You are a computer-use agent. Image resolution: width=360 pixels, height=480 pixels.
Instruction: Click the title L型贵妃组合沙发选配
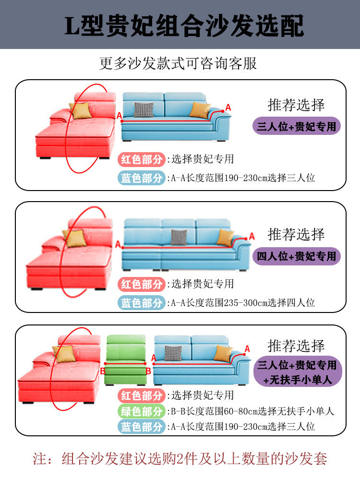pyautogui.click(x=184, y=25)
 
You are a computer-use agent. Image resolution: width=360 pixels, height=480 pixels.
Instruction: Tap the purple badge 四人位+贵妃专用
pyautogui.click(x=297, y=256)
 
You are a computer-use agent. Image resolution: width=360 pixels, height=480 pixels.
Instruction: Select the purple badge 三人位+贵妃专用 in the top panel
pyautogui.click(x=297, y=127)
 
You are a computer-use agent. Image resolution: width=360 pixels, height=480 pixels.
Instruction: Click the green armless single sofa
pyautogui.click(x=125, y=360)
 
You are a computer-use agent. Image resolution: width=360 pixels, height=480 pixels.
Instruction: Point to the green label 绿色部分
pyautogui.click(x=142, y=411)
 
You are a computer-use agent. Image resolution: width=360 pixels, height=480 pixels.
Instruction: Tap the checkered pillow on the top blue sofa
pyautogui.click(x=143, y=109)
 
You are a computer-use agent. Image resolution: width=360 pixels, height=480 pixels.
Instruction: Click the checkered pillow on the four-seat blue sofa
pyautogui.click(x=179, y=237)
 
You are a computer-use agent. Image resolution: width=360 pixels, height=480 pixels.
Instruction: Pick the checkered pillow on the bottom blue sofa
pyautogui.click(x=173, y=353)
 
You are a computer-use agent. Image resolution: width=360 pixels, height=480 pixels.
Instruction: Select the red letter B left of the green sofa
pyautogui.click(x=102, y=371)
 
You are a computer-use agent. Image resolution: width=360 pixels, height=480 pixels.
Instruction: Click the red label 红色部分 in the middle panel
pyautogui.click(x=142, y=284)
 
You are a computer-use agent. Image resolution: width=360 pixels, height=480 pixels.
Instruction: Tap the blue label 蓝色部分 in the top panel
pyautogui.click(x=142, y=178)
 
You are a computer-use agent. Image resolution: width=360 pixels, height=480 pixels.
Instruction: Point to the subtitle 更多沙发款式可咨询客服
pyautogui.click(x=178, y=63)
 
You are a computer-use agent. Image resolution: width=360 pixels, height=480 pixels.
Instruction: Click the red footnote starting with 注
pyautogui.click(x=180, y=458)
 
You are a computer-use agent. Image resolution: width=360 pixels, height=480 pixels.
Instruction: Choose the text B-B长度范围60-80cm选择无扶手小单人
pyautogui.click(x=252, y=411)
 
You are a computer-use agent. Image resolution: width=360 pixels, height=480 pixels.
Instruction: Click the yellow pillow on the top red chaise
pyautogui.click(x=81, y=110)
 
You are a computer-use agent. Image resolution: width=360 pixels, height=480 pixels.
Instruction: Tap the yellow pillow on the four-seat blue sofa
pyautogui.click(x=225, y=237)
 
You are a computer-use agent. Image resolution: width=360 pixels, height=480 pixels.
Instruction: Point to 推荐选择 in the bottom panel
pyautogui.click(x=296, y=346)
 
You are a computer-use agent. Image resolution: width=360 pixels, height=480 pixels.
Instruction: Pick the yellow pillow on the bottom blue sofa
pyautogui.click(x=222, y=354)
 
